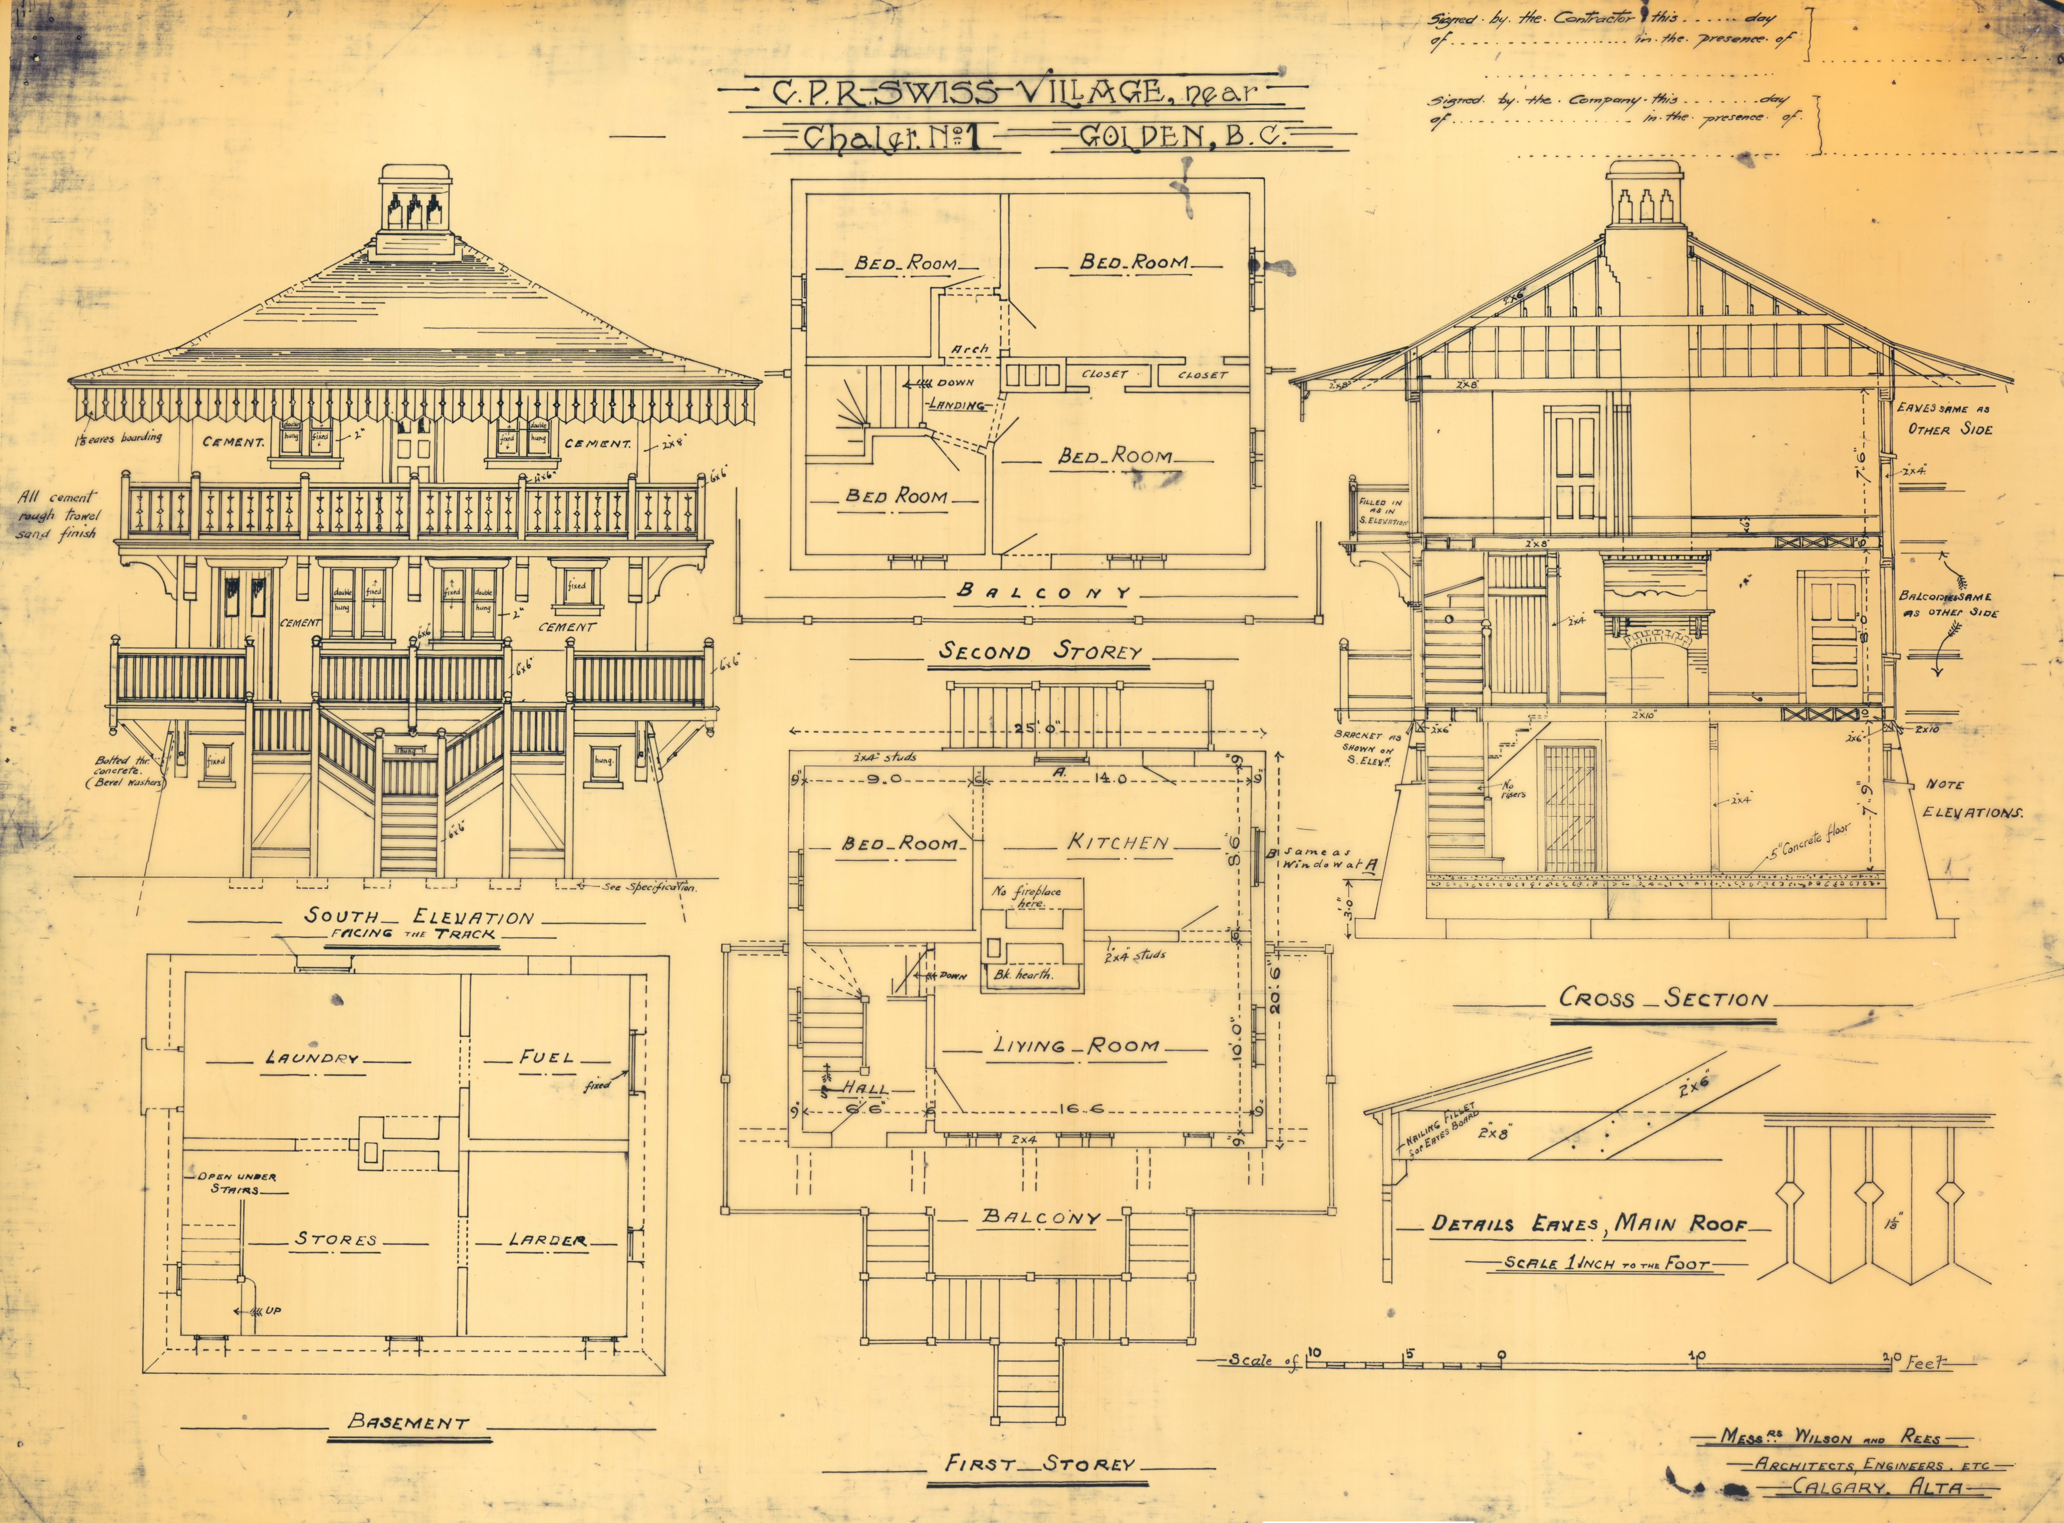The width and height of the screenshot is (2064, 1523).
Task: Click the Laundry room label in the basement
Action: (x=312, y=1058)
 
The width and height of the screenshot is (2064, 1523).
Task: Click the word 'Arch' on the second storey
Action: (x=969, y=349)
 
